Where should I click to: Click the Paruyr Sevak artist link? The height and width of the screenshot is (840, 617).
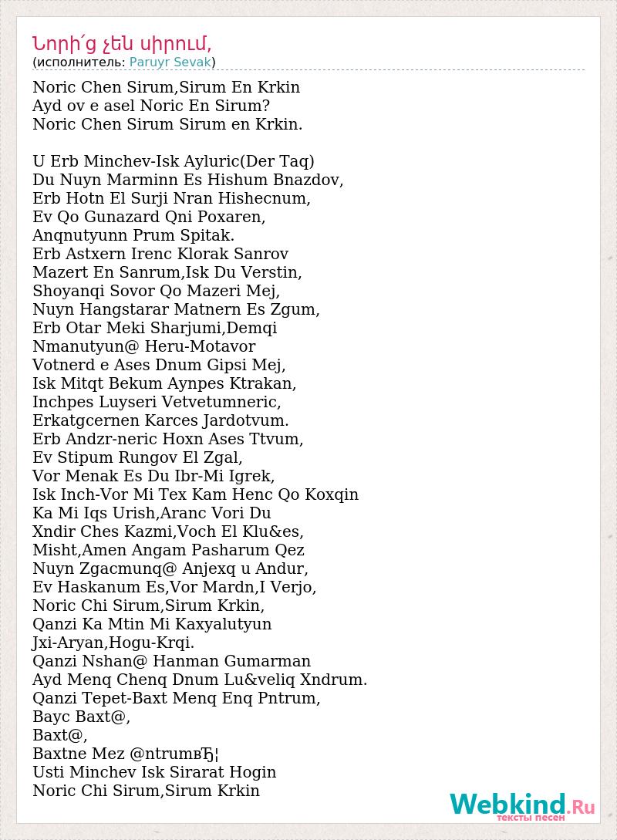pos(170,62)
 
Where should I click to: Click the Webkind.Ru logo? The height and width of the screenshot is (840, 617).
pos(522,805)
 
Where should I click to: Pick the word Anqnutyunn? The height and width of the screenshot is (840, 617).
pos(79,235)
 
